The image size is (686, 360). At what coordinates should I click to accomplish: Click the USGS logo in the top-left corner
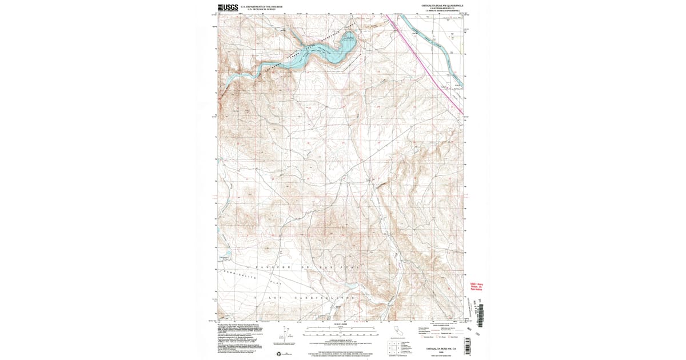[227, 7]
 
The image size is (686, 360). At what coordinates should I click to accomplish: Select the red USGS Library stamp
[476, 286]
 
